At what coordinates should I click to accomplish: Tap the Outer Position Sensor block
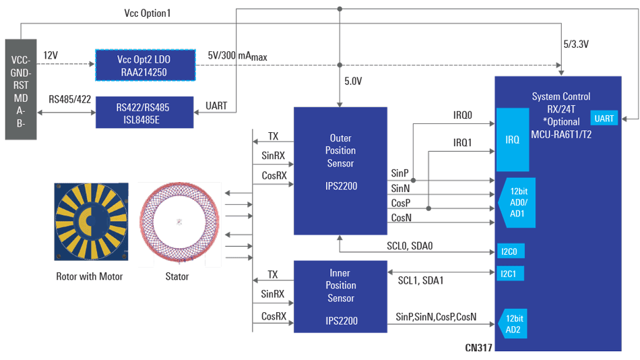pyautogui.click(x=340, y=171)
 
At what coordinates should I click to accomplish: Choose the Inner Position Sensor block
pyautogui.click(x=340, y=297)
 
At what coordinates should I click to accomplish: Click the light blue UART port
pyautogui.click(x=604, y=119)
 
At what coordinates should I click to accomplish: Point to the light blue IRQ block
pyautogui.click(x=513, y=140)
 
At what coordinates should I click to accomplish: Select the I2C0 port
pyautogui.click(x=510, y=251)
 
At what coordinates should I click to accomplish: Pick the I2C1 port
pyautogui.click(x=510, y=274)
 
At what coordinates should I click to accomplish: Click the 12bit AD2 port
pyautogui.click(x=513, y=324)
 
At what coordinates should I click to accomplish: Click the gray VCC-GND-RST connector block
pyautogui.click(x=20, y=90)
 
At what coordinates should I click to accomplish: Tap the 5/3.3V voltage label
pyautogui.click(x=575, y=44)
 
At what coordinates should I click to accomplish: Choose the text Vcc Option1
pyautogui.click(x=147, y=13)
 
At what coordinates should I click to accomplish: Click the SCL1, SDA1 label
pyautogui.click(x=420, y=280)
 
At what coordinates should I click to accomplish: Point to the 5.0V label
pyautogui.click(x=354, y=82)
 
